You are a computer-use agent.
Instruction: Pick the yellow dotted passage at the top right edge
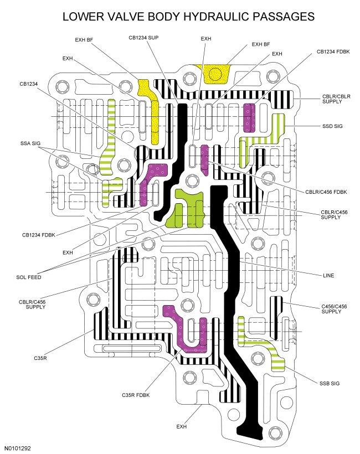point(218,73)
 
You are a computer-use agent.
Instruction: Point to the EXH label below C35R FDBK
point(182,427)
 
